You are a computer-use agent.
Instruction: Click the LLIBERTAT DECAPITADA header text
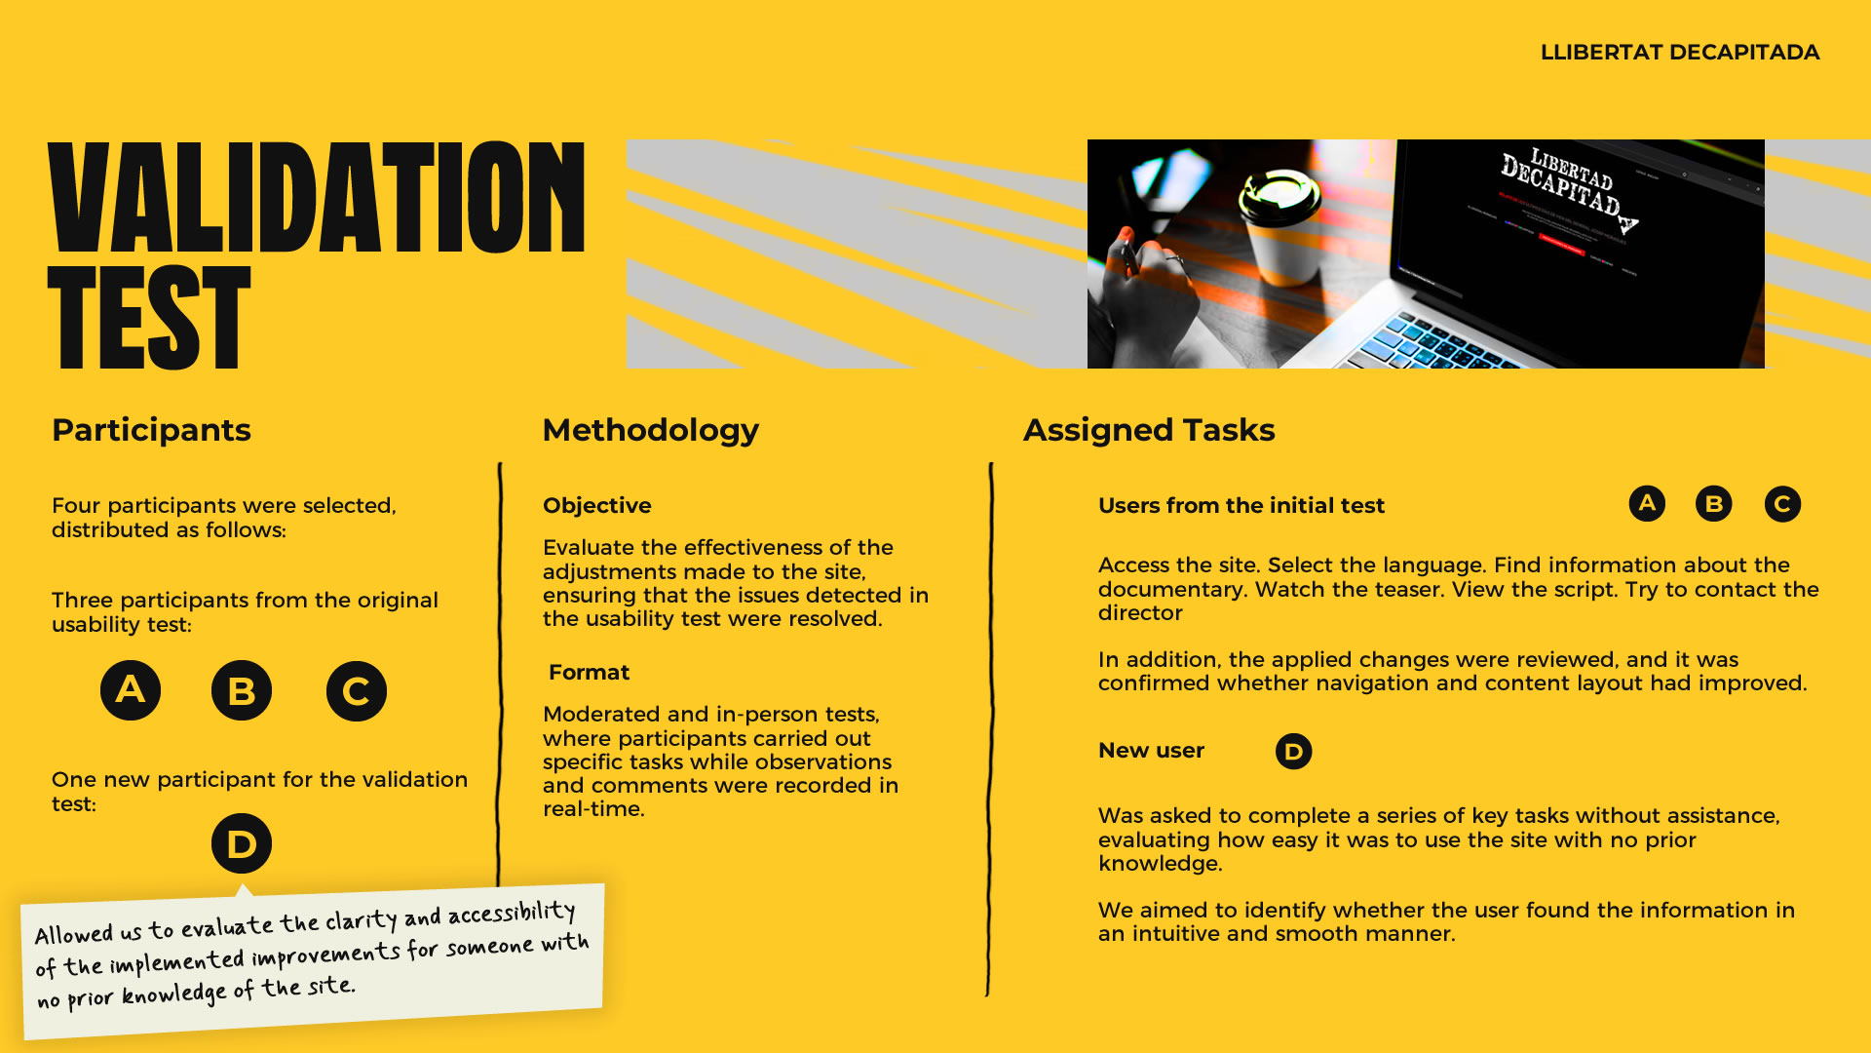point(1679,53)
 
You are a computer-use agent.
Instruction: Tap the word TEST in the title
point(150,318)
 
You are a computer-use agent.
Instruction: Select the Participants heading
point(151,430)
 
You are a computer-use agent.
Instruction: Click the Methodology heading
point(650,430)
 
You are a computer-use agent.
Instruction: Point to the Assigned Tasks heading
point(1149,430)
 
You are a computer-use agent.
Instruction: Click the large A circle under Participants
point(131,690)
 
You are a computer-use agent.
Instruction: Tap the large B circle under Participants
point(242,690)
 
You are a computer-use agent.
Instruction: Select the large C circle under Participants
point(357,690)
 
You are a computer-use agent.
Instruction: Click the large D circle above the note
point(242,843)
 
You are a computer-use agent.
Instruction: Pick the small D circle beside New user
point(1293,751)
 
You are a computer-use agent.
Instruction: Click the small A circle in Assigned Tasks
point(1647,504)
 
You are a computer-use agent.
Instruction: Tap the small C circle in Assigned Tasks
point(1782,504)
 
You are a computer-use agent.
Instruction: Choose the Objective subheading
point(596,506)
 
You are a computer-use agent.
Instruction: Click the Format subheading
point(589,673)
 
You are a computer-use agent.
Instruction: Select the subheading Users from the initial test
point(1241,506)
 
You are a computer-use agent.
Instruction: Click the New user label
point(1151,751)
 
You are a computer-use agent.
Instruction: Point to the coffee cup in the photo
point(1279,225)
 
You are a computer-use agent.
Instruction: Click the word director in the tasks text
point(1140,613)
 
